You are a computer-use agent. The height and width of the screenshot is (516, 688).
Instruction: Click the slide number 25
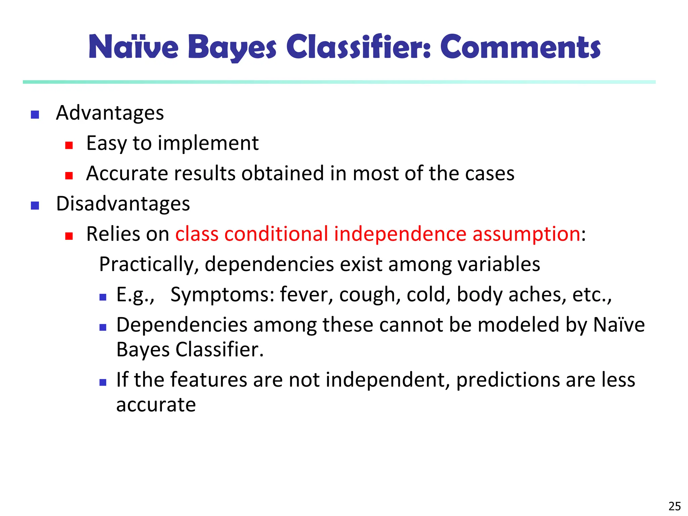pyautogui.click(x=675, y=506)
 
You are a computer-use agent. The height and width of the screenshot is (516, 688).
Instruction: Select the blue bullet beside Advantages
pyautogui.click(x=35, y=115)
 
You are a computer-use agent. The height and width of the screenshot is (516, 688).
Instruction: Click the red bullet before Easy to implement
pyautogui.click(x=69, y=145)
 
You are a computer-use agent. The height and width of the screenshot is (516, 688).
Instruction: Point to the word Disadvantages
pyautogui.click(x=123, y=204)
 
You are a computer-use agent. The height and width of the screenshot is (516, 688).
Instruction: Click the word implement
pyautogui.click(x=208, y=143)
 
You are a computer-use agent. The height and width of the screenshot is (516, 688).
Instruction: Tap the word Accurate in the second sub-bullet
pyautogui.click(x=127, y=174)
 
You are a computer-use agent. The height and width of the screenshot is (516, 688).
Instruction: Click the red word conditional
pyautogui.click(x=276, y=234)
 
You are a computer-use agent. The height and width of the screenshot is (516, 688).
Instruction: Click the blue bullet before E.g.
pyautogui.click(x=103, y=297)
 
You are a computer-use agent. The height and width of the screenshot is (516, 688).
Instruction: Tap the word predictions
pyautogui.click(x=508, y=380)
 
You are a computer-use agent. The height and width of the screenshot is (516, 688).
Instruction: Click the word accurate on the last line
pyautogui.click(x=156, y=405)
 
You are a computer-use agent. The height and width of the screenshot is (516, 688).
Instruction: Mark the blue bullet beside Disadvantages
pyautogui.click(x=35, y=206)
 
